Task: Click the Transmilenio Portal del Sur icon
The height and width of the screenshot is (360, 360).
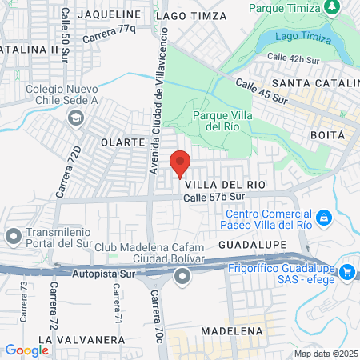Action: [14, 236]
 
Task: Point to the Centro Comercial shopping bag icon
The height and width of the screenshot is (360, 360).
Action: [323, 217]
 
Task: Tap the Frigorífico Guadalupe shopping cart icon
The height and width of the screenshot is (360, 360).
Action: [346, 272]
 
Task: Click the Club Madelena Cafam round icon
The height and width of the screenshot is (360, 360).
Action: [182, 277]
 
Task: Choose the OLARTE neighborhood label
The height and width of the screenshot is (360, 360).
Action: [122, 142]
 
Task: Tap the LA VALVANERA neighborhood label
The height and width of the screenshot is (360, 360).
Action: [81, 339]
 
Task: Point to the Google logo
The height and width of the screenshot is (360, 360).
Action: [26, 350]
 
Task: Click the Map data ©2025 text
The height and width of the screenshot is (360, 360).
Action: [326, 354]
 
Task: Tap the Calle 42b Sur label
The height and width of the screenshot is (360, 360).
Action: [293, 58]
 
